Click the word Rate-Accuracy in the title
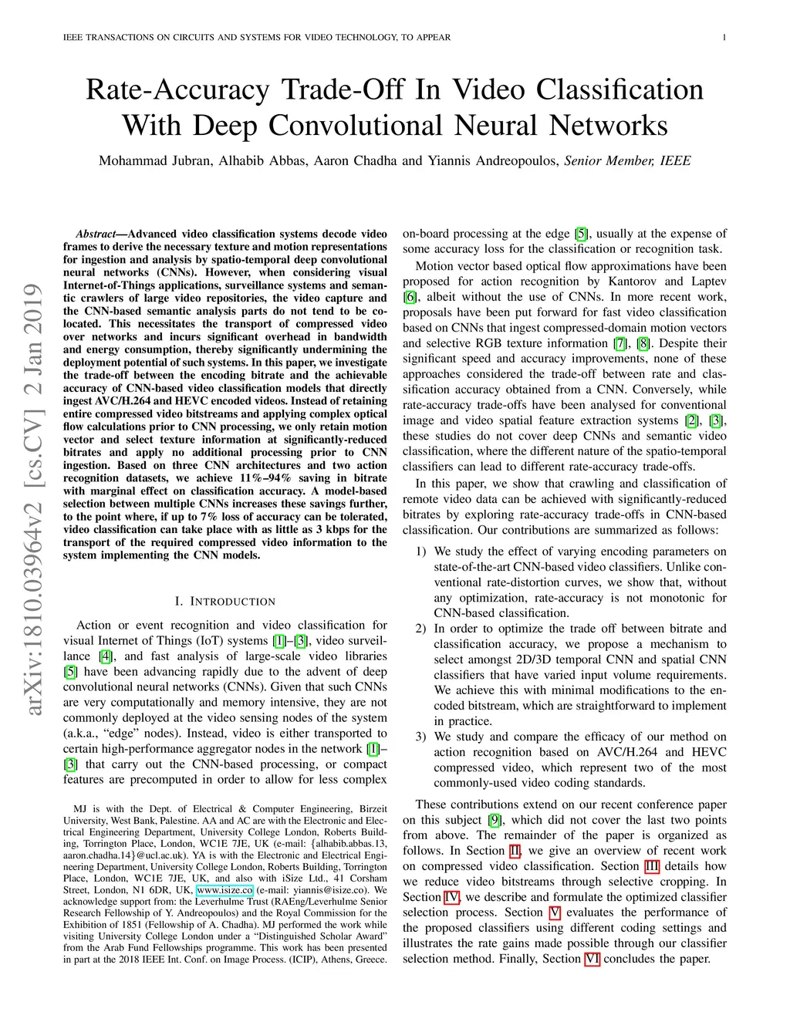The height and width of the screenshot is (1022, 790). click(177, 89)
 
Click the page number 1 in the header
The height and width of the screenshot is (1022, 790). click(724, 37)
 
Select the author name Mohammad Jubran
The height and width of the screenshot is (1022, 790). click(154, 160)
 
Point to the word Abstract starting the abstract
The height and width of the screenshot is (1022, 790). click(96, 234)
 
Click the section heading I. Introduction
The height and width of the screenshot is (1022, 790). click(225, 601)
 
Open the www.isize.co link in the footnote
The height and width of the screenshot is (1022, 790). click(225, 889)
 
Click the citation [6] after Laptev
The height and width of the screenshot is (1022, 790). click(410, 297)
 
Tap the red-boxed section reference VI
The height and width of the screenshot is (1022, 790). click(592, 959)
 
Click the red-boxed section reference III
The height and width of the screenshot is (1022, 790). click(652, 866)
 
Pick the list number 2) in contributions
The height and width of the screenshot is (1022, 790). click(420, 629)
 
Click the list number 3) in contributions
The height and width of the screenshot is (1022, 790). click(420, 737)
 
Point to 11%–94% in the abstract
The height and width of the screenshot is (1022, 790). click(265, 478)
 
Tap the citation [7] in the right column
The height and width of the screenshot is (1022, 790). click(620, 343)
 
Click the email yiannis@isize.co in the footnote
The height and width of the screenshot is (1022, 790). click(323, 889)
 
